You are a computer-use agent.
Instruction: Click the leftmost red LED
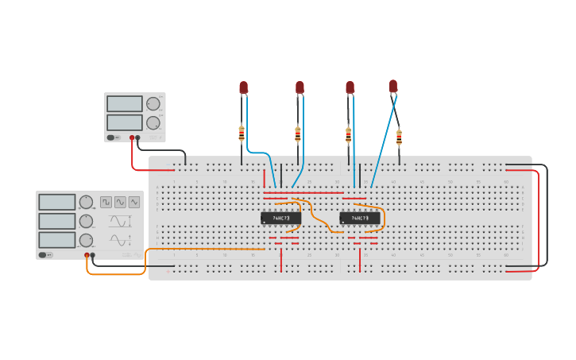pos(244,87)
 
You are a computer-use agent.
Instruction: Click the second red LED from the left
pos(300,87)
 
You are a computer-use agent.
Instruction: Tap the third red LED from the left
pos(350,87)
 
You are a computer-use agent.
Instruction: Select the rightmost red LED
pos(393,86)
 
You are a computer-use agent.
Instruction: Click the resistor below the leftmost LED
pos(242,134)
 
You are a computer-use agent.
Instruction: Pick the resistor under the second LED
pos(298,134)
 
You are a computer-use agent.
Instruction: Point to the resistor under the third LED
pos(348,134)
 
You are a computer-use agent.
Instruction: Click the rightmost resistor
pos(399,136)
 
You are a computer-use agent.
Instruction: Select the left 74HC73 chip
pos(281,218)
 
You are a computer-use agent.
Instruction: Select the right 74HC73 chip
pos(360,218)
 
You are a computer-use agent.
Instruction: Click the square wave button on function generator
pos(106,202)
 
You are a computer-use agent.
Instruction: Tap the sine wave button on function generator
pos(134,202)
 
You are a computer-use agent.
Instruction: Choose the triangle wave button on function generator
pos(120,202)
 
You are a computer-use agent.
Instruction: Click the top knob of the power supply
pos(153,103)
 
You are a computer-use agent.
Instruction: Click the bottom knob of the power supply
pos(153,122)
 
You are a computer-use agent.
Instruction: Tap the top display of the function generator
pos(57,202)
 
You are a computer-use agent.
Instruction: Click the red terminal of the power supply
pos(132,137)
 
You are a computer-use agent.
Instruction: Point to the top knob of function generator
pos(86,202)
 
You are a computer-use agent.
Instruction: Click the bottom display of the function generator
pos(57,240)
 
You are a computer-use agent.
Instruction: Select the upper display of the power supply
pos(125,103)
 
